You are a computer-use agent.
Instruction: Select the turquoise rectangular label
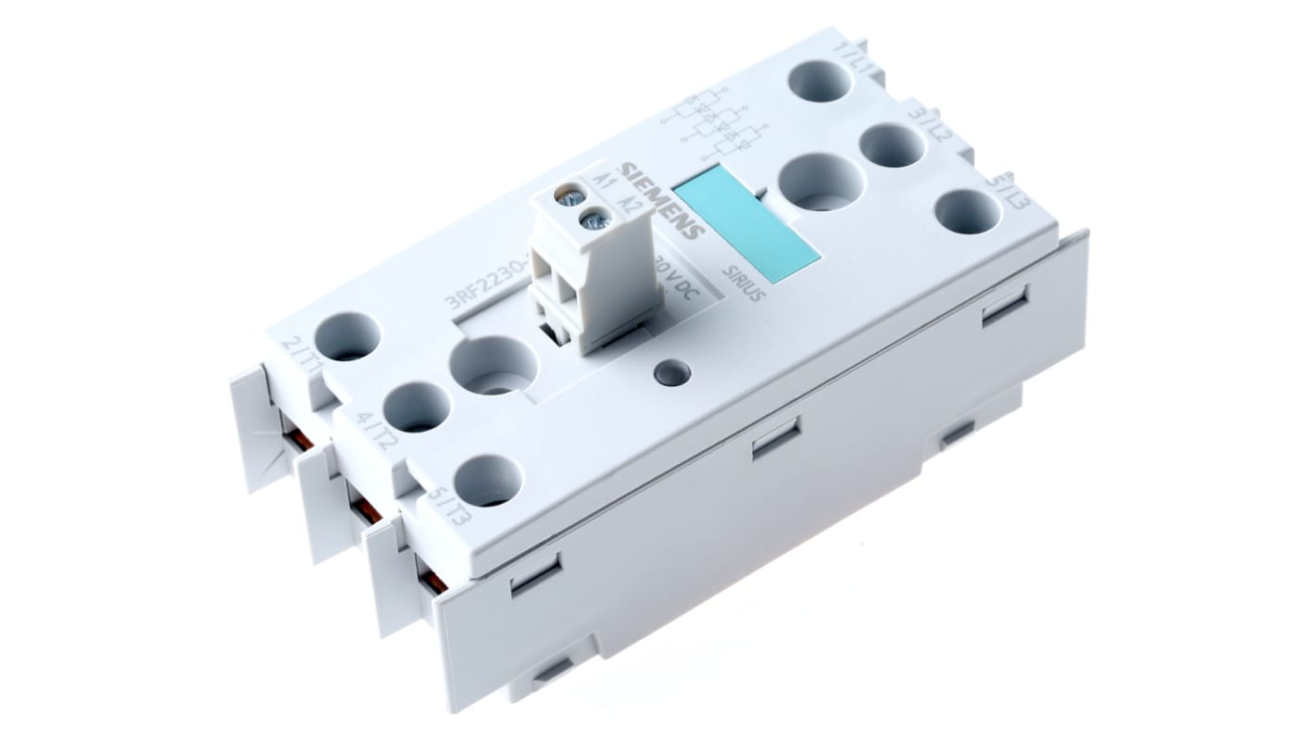tap(745, 221)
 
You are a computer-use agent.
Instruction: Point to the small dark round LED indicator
tap(671, 373)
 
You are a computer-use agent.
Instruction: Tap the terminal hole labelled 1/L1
tap(820, 78)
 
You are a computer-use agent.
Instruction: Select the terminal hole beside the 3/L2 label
tap(892, 145)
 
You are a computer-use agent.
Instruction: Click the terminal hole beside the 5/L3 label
tap(967, 212)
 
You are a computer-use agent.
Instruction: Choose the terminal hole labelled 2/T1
tap(347, 336)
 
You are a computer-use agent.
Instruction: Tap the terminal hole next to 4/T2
tap(416, 407)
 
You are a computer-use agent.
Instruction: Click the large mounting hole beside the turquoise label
tap(820, 182)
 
